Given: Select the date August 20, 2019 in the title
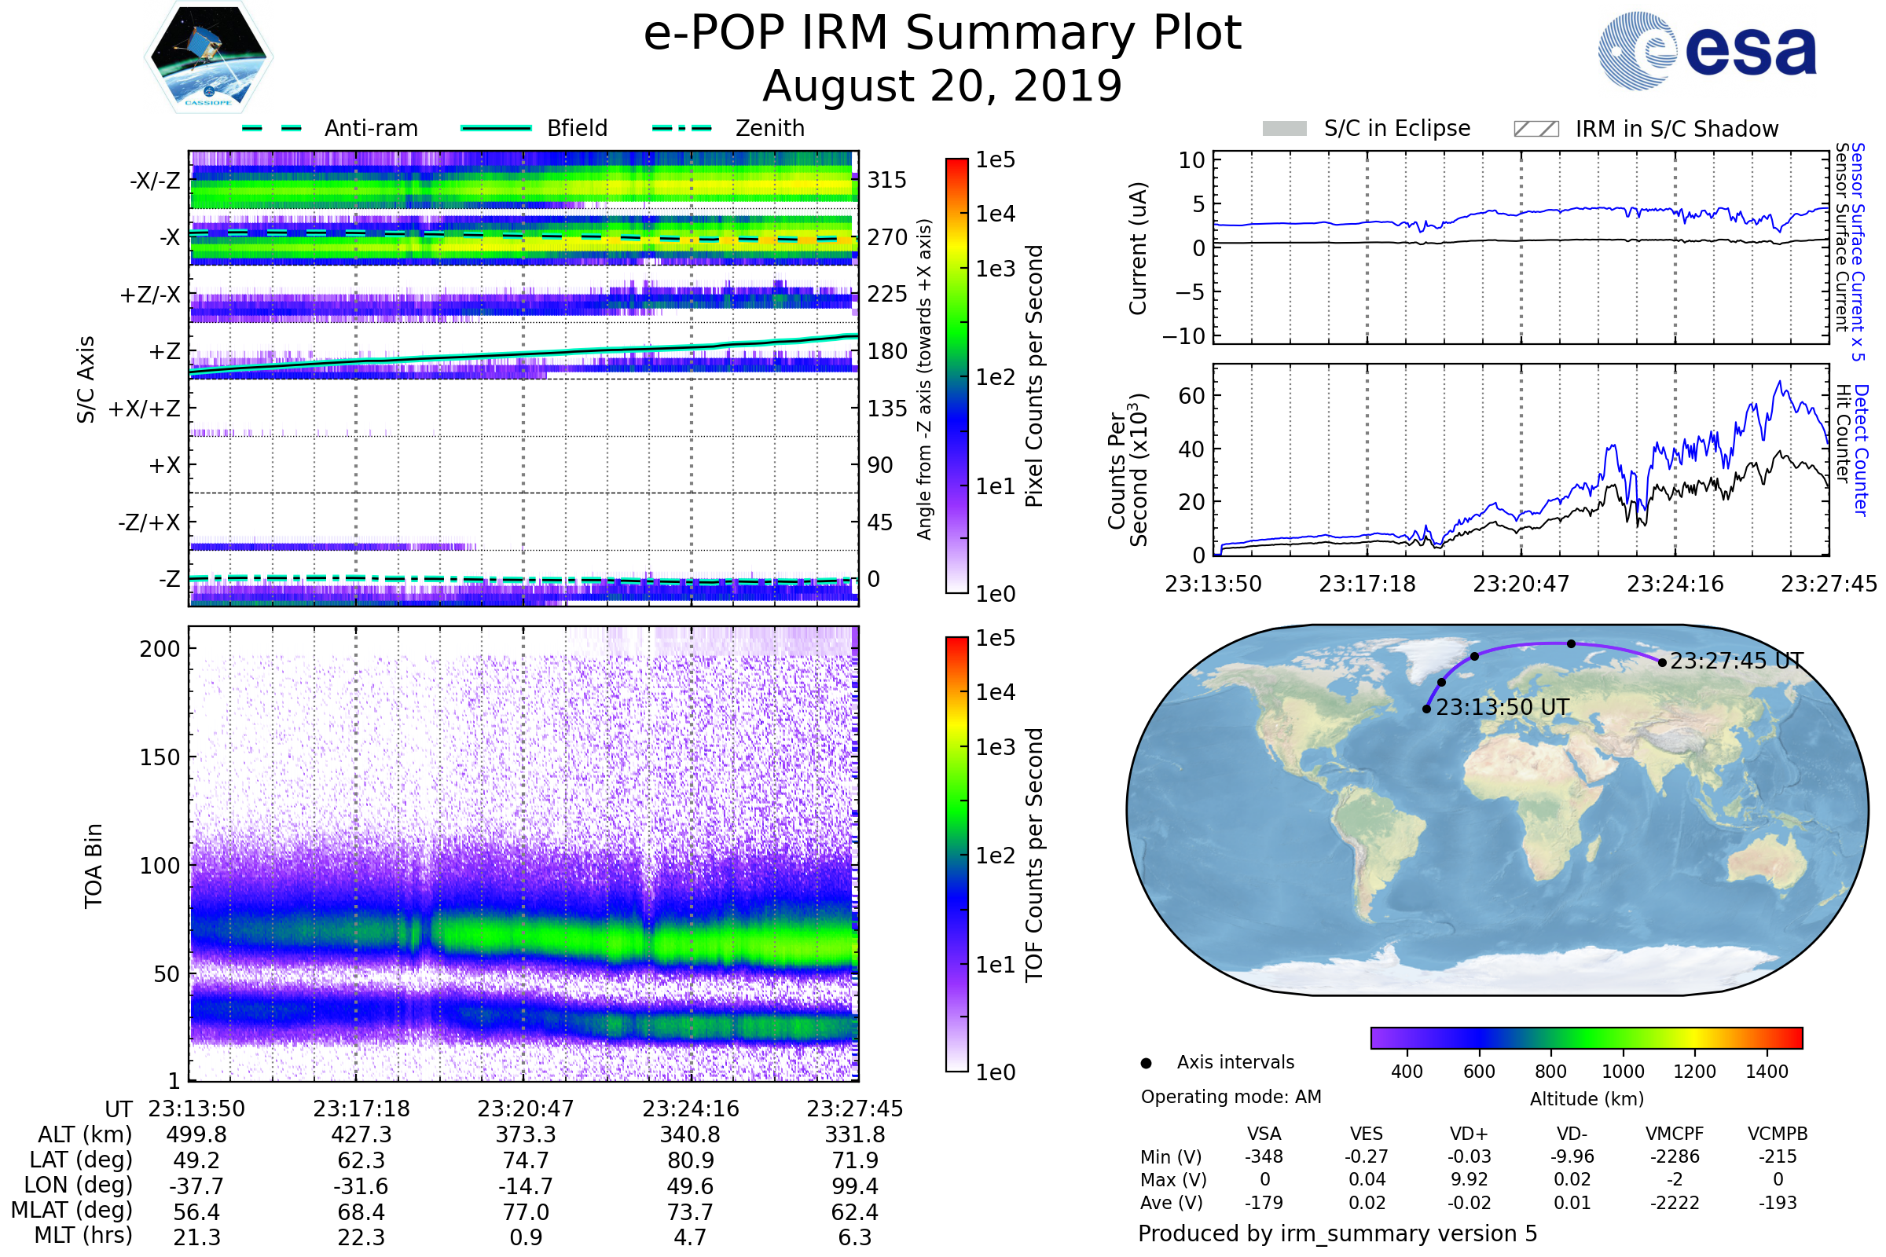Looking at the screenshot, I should click(942, 86).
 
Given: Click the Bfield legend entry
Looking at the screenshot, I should click(577, 128).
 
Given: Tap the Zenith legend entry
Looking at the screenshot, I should click(769, 128).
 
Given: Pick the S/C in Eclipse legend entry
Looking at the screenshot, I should click(1396, 128).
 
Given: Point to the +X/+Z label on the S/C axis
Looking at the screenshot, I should click(145, 409).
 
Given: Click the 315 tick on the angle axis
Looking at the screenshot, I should click(886, 180).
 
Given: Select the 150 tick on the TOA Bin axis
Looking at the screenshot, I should click(160, 757).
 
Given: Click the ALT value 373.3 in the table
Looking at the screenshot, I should click(525, 1134).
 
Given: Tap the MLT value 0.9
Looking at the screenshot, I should click(525, 1237).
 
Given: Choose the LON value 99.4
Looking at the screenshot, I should click(855, 1186).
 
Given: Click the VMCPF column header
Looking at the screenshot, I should click(1675, 1134).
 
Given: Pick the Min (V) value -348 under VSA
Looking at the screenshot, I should click(1264, 1156).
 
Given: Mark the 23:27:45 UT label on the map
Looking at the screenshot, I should click(1737, 661).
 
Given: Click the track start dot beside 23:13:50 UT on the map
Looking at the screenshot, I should click(1426, 709).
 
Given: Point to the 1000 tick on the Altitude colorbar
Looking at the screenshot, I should click(1623, 1072).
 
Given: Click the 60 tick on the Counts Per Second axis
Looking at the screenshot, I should click(1191, 395).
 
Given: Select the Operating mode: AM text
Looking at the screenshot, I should click(1231, 1097).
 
